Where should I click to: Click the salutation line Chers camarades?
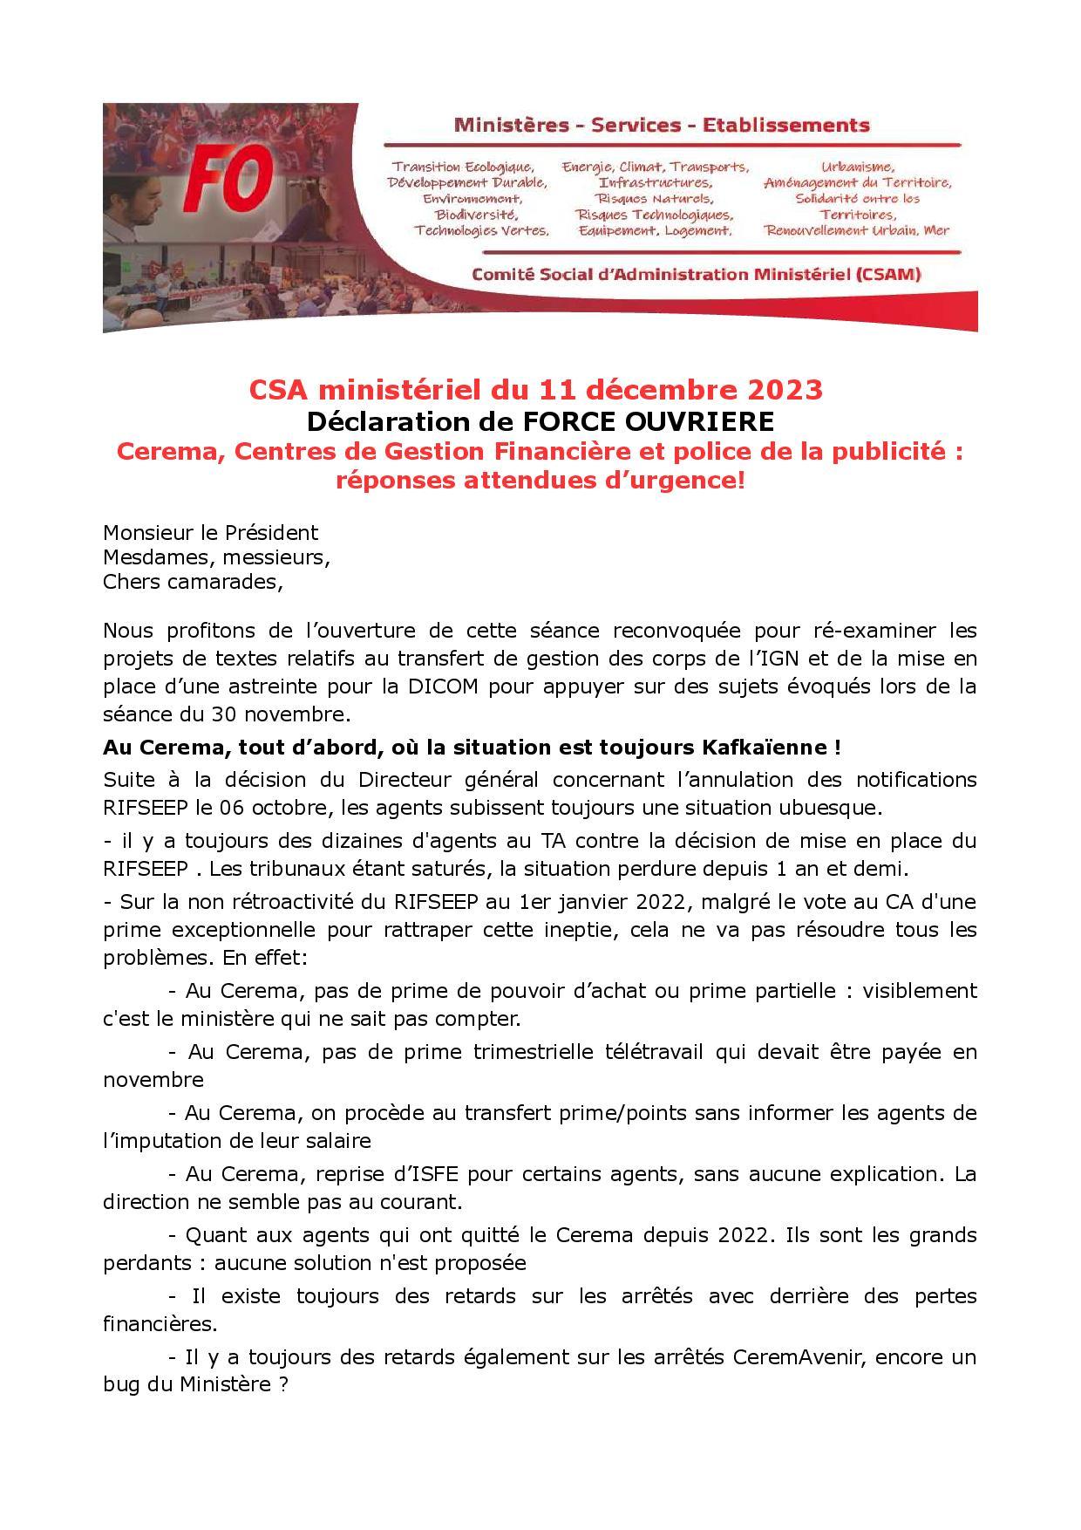tap(194, 582)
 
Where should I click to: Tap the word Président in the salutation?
tap(271, 533)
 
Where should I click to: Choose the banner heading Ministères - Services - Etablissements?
tap(662, 125)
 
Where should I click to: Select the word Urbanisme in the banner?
tap(858, 167)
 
